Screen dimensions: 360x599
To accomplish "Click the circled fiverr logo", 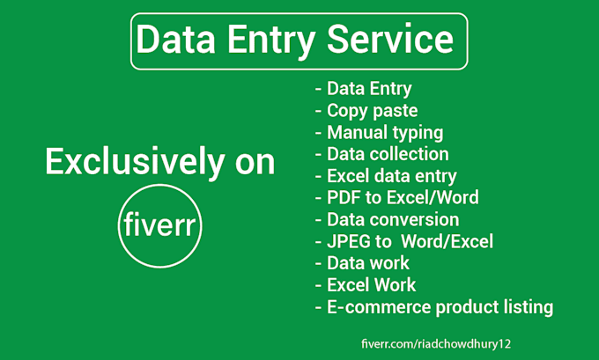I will pyautogui.click(x=159, y=227).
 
